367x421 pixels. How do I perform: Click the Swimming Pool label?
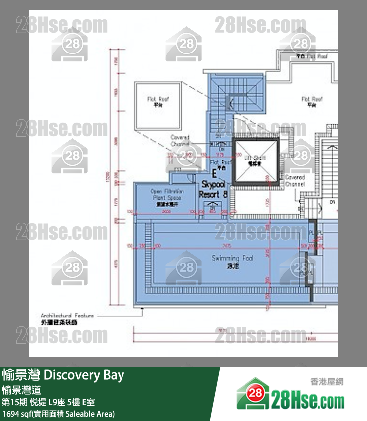coord(233,261)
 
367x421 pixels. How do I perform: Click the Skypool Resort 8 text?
coord(213,190)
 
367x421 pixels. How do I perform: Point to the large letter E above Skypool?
coord(214,174)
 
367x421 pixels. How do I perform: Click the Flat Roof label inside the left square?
coord(158,102)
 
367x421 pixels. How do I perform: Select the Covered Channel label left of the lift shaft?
coord(180,140)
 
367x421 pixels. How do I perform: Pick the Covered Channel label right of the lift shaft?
coord(295,181)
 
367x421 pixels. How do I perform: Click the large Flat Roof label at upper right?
coord(312,102)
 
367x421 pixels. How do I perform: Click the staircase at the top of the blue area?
coord(239,102)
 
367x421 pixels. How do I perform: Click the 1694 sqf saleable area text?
coord(59,413)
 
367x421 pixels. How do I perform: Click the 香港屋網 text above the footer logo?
coord(327,382)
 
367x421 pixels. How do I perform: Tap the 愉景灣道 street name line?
coord(21,390)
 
